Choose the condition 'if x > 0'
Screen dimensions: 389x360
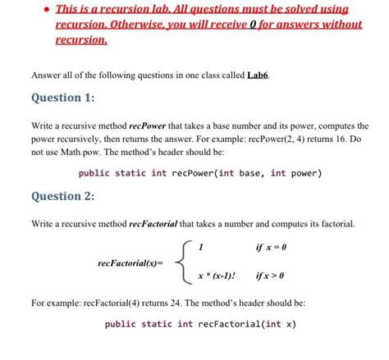pos(272,276)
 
